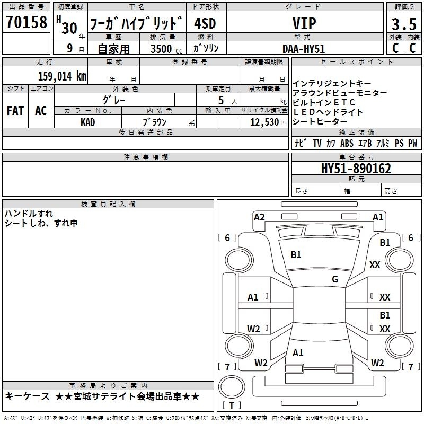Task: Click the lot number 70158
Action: pyautogui.click(x=26, y=22)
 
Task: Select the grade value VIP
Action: pyautogui.click(x=304, y=23)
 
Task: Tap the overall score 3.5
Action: pyautogui.click(x=404, y=24)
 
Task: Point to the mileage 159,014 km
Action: pyautogui.click(x=62, y=76)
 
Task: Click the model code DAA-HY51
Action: pyautogui.click(x=304, y=49)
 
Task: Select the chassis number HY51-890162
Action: pyautogui.click(x=356, y=169)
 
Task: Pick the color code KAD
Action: pyautogui.click(x=87, y=122)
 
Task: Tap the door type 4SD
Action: pyautogui.click(x=205, y=23)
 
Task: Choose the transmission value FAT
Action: pyautogui.click(x=15, y=111)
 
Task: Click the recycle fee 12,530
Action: pyautogui.click(x=264, y=122)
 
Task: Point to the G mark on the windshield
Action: pyautogui.click(x=335, y=279)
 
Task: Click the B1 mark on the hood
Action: pyautogui.click(x=296, y=255)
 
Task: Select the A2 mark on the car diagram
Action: pyautogui.click(x=259, y=217)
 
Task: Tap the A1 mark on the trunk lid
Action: pyautogui.click(x=298, y=353)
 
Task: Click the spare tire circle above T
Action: pyautogui.click(x=232, y=387)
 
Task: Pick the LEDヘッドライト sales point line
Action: pyautogui.click(x=328, y=112)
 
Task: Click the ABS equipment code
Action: pyautogui.click(x=347, y=143)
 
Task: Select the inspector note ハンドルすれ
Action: pyautogui.click(x=29, y=214)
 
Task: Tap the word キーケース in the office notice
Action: pyautogui.click(x=28, y=396)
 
